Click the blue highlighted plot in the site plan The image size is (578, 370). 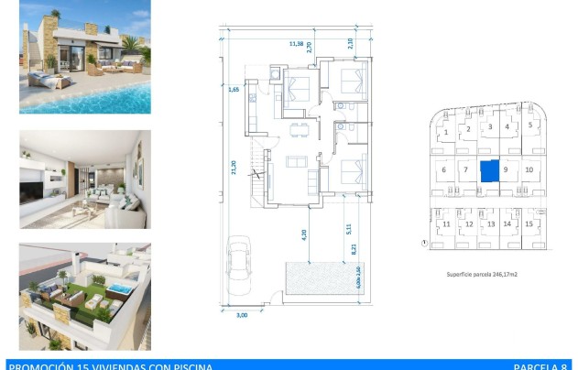(490, 170)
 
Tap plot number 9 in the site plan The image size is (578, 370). (507, 169)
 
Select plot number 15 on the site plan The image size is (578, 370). (529, 223)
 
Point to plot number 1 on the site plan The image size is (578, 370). (446, 132)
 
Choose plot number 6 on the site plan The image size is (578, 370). (444, 169)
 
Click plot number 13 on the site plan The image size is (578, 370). (490, 223)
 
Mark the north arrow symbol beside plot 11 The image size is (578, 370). (424, 244)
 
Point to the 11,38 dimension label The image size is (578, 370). (296, 42)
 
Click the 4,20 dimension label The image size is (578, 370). (304, 234)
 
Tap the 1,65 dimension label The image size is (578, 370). (234, 90)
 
